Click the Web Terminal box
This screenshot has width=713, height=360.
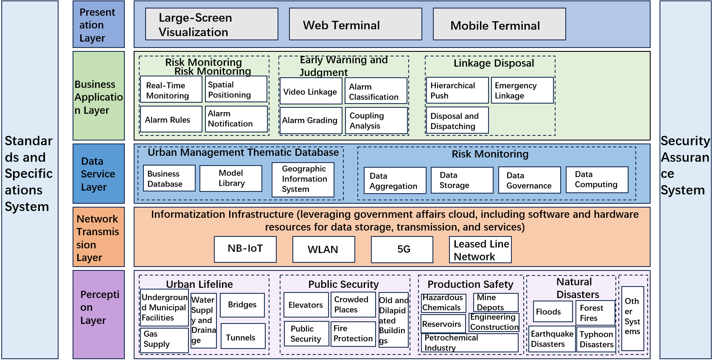click(355, 24)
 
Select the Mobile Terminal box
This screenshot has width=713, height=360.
click(499, 24)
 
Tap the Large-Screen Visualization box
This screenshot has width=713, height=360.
click(211, 24)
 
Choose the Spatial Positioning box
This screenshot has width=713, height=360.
click(236, 89)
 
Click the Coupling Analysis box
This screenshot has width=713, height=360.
click(376, 121)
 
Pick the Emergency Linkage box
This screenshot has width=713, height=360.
click(522, 90)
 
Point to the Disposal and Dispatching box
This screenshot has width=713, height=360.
click(457, 121)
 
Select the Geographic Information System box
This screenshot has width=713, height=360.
click(303, 179)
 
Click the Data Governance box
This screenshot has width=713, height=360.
click(529, 180)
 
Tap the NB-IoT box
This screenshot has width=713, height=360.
click(245, 249)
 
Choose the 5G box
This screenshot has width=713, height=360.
click(402, 249)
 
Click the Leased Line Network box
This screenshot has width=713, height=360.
click(480, 250)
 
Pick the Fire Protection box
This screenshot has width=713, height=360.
click(353, 334)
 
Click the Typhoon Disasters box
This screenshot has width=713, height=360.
click(596, 339)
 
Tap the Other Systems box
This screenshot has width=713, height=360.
click(632, 318)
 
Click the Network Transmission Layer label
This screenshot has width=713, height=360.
click(98, 237)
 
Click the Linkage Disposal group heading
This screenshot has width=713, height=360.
click(494, 63)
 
